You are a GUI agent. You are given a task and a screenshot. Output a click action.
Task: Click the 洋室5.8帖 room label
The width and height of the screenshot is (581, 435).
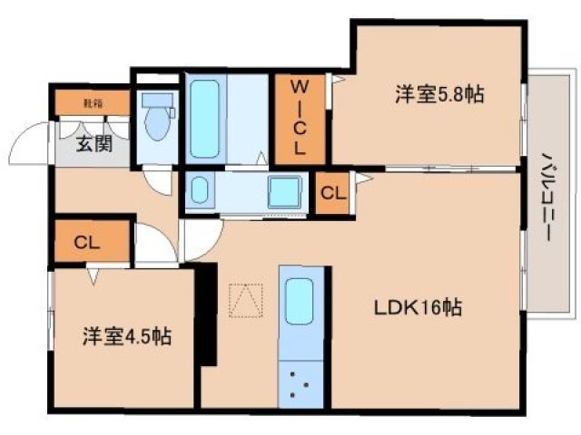[x=438, y=93]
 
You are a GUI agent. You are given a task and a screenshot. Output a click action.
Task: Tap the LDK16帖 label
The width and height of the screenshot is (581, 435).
[x=419, y=308]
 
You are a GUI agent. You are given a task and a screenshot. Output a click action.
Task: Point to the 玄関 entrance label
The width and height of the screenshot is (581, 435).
[x=94, y=142]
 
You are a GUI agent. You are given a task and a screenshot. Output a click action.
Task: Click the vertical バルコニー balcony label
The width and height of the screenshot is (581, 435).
[x=547, y=196]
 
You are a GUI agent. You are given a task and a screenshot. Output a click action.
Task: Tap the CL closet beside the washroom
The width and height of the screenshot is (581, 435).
[x=333, y=193]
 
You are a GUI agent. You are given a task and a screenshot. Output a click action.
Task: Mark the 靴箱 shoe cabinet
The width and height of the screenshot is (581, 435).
[x=93, y=103]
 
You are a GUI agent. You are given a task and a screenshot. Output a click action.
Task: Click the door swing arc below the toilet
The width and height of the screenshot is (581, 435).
[x=158, y=181]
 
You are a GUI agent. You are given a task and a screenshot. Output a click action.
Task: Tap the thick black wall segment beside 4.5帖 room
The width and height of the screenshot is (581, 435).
[x=207, y=313]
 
